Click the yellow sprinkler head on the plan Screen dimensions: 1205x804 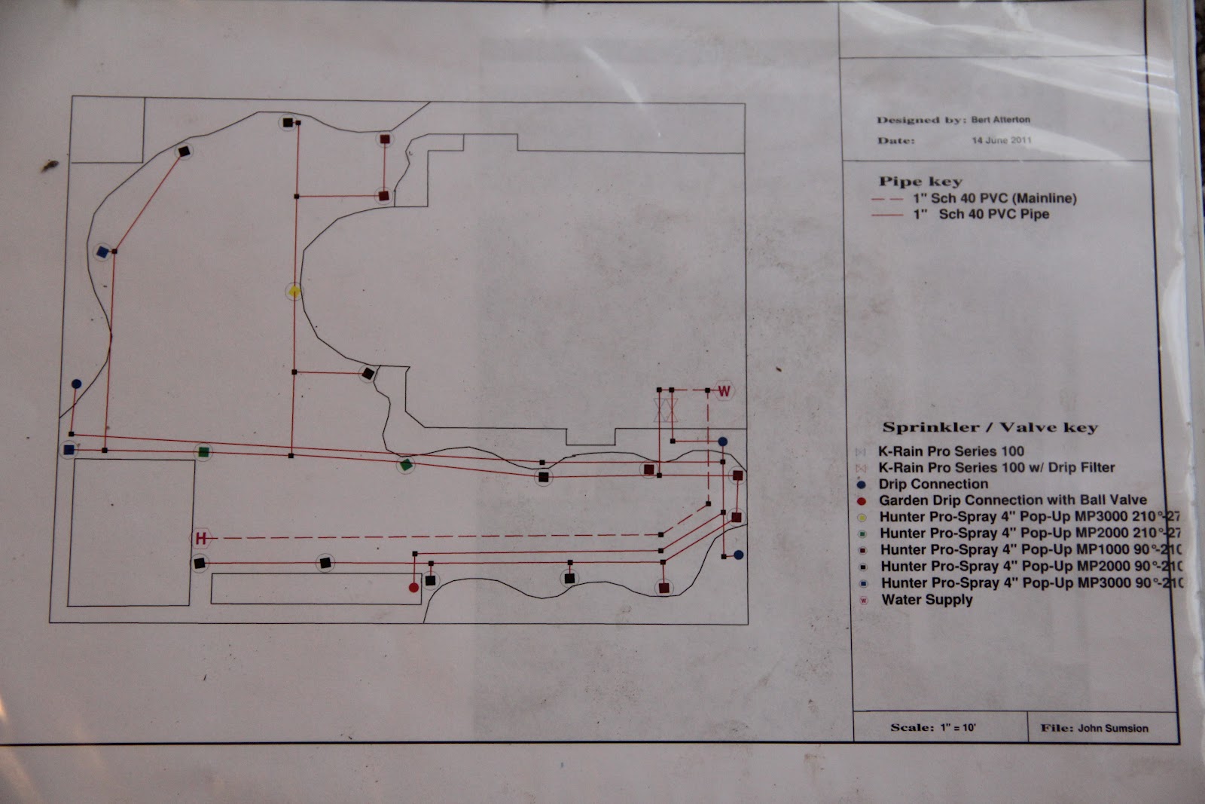pyautogui.click(x=294, y=291)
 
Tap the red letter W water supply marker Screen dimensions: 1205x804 pyautogui.click(x=724, y=390)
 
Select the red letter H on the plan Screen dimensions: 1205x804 pyautogui.click(x=201, y=538)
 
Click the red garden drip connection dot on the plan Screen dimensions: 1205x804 pyautogui.click(x=413, y=587)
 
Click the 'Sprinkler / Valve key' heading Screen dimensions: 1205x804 pyautogui.click(x=990, y=427)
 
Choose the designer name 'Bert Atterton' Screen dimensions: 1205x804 pyautogui.click(x=1001, y=119)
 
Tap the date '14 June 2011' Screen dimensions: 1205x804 pyautogui.click(x=1001, y=140)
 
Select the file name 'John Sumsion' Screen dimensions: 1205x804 pyautogui.click(x=1113, y=728)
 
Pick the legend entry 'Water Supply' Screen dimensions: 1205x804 pyautogui.click(x=927, y=600)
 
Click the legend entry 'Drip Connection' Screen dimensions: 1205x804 pyautogui.click(x=933, y=484)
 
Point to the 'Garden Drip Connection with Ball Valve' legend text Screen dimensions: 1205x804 pyautogui.click(x=1013, y=500)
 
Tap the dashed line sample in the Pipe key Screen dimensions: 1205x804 pyautogui.click(x=887, y=199)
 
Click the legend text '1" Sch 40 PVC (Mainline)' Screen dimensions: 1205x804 pyautogui.click(x=995, y=199)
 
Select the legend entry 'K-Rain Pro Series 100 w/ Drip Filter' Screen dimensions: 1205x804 pyautogui.click(x=996, y=467)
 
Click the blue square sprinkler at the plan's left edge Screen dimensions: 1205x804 pyautogui.click(x=69, y=450)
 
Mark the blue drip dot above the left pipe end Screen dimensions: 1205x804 pyautogui.click(x=76, y=384)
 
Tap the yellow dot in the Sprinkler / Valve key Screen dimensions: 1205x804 pyautogui.click(x=862, y=518)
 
